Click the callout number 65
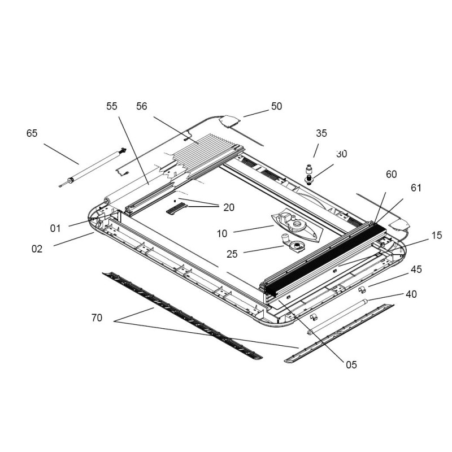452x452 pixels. click(32, 133)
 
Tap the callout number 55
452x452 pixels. click(111, 106)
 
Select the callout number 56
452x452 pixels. click(141, 106)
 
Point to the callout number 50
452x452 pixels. click(276, 106)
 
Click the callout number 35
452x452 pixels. click(321, 133)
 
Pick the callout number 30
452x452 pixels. click(341, 154)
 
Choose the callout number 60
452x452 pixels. click(391, 175)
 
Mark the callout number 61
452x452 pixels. click(416, 188)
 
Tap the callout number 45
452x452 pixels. click(416, 270)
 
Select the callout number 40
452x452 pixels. click(411, 294)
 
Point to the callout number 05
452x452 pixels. click(351, 364)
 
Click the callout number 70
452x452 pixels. click(97, 318)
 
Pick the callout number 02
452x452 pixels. click(37, 249)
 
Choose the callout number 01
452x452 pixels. click(55, 228)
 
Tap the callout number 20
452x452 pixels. click(228, 207)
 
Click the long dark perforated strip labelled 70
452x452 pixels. click(181, 316)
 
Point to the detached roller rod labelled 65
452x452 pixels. click(93, 167)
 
